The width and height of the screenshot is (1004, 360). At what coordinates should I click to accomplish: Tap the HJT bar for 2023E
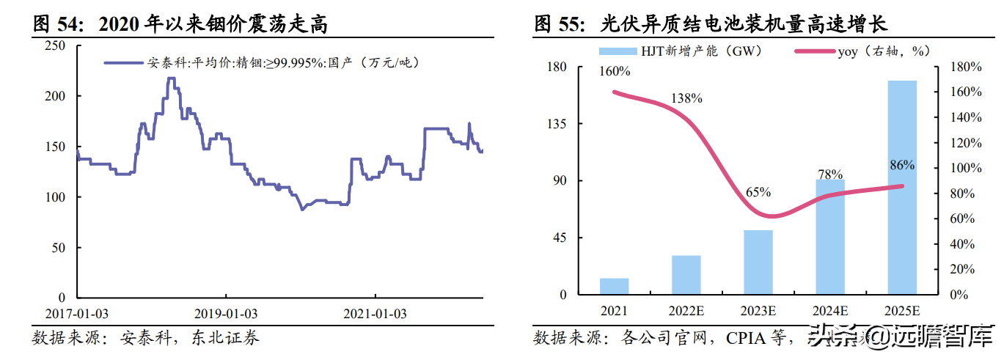click(758, 262)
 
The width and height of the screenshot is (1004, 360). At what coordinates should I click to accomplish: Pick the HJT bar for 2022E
click(686, 275)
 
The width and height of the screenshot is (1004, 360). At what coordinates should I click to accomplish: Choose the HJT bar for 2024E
click(830, 237)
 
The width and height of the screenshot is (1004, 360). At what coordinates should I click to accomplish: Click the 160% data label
click(615, 71)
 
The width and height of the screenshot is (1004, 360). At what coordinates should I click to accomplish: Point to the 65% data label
click(758, 192)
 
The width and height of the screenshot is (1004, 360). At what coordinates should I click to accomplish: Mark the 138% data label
click(687, 98)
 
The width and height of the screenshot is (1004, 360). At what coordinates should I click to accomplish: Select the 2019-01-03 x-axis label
click(226, 313)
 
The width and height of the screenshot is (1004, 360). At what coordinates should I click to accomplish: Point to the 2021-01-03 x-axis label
click(375, 313)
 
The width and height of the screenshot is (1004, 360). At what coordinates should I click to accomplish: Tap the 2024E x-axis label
click(830, 310)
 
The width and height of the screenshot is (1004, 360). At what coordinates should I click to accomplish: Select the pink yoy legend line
click(815, 51)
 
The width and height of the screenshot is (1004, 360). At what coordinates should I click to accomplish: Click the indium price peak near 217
click(171, 78)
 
